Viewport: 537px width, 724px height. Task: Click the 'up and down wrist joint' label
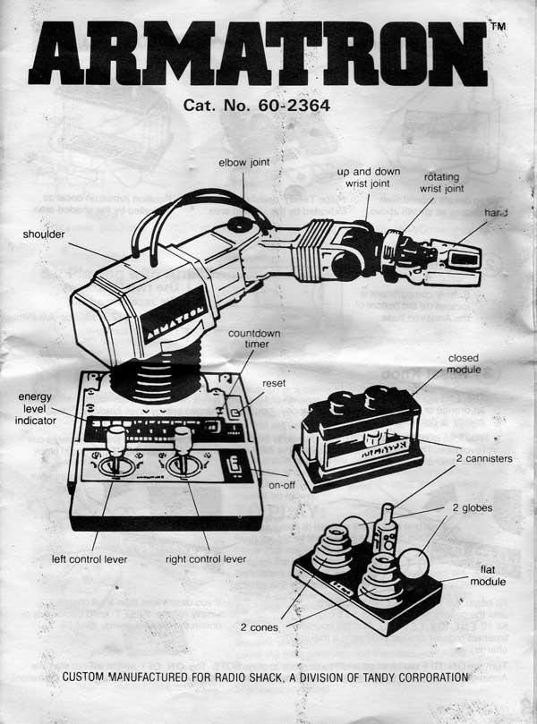(368, 176)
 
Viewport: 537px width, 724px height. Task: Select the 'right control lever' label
(208, 560)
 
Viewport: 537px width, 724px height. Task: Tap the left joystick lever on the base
(115, 447)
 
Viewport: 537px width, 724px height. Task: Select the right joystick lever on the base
(183, 447)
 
